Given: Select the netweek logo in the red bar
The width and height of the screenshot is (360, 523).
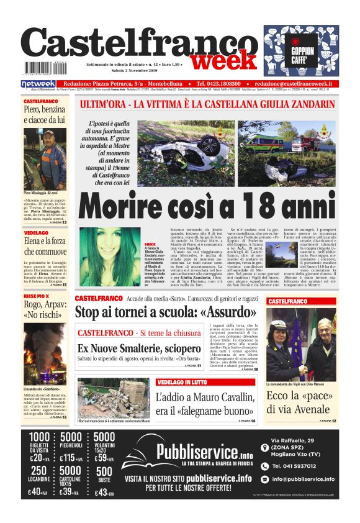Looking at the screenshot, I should [38, 84].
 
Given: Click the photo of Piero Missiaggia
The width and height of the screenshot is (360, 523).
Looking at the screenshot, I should [45, 158].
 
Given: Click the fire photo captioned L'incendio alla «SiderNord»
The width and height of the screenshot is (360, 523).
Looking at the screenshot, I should [45, 342].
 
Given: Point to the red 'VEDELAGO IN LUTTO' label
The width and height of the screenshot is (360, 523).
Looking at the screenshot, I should [182, 382].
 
